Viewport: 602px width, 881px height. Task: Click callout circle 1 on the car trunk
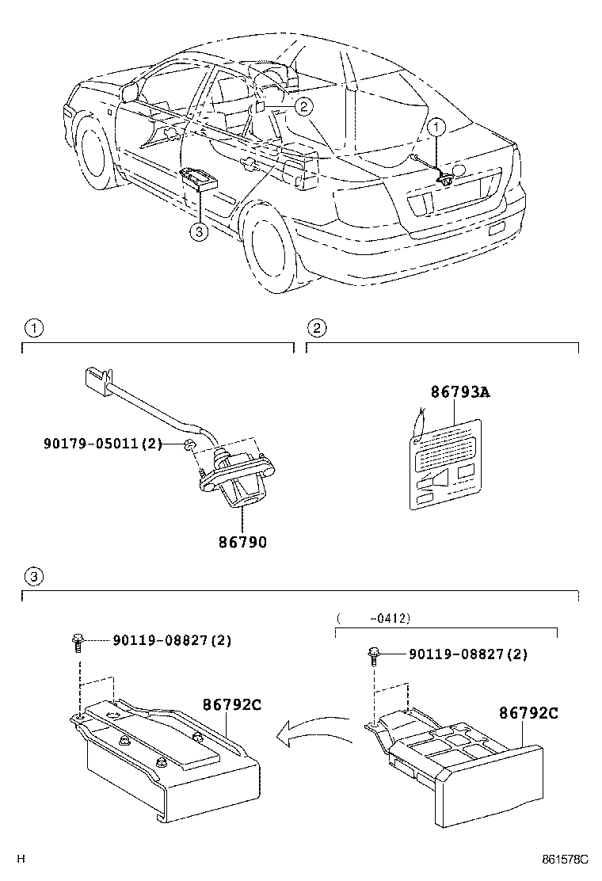438,126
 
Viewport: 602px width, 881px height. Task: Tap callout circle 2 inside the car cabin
305,105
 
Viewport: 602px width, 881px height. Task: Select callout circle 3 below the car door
199,231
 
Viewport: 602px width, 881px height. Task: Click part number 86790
242,543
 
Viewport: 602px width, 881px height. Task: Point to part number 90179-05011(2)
102,444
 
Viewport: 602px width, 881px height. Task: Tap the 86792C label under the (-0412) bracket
528,713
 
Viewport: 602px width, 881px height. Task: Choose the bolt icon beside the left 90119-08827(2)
77,641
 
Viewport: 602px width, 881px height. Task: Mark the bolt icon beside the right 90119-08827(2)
374,654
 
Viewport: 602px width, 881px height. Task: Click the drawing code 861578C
565,859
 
